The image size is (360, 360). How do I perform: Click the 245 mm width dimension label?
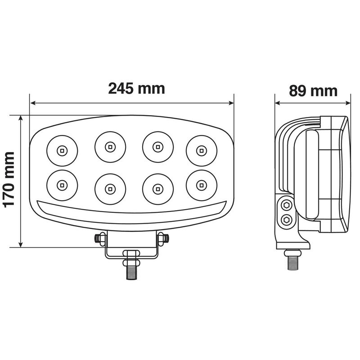tap(136, 88)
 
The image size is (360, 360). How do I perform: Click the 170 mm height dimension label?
tap(9, 180)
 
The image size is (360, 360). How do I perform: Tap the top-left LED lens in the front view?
tap(62, 149)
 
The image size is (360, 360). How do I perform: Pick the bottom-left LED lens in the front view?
tap(62, 184)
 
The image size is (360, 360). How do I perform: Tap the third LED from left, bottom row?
tap(157, 187)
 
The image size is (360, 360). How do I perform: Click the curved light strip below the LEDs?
tap(132, 211)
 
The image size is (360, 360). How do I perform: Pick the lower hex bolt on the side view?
tap(285, 220)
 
